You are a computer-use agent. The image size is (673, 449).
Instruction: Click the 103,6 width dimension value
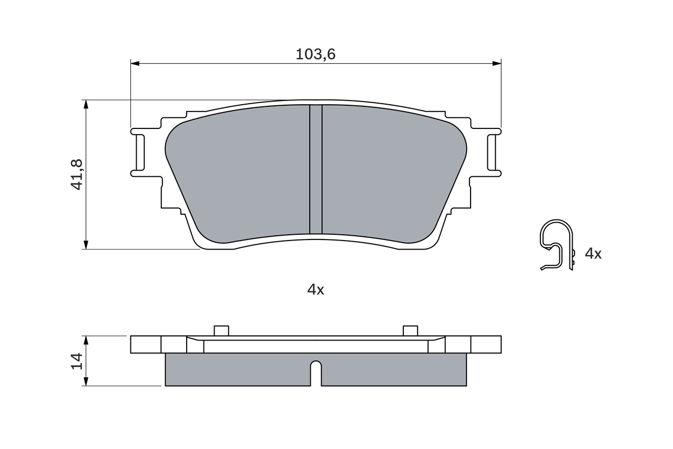tap(315, 54)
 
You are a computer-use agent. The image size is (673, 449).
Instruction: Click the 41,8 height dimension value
tap(77, 174)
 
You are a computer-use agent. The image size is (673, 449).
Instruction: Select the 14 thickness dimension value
tap(77, 361)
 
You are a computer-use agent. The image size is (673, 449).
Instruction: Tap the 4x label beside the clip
tap(593, 254)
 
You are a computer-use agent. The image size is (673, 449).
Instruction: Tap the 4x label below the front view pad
tap(315, 290)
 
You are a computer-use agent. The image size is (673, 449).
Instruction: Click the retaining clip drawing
tap(557, 245)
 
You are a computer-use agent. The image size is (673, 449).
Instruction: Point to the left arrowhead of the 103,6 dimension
tap(135, 64)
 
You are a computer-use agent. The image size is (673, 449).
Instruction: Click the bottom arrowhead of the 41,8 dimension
tap(86, 245)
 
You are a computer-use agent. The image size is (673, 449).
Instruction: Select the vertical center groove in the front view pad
tap(315, 168)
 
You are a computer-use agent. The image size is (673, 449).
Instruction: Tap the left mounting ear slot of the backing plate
tap(140, 153)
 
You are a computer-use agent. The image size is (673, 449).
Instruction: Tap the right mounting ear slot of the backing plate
tap(492, 153)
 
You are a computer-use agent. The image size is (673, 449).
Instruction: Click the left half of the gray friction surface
tap(242, 174)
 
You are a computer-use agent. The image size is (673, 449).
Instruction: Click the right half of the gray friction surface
tap(389, 174)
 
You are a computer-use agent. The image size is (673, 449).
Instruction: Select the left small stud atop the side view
tap(221, 331)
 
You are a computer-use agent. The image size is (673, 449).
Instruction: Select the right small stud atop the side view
tap(410, 331)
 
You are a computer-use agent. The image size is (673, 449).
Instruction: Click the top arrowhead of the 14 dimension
tap(86, 340)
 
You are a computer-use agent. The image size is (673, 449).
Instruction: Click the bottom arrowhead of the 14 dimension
tap(86, 382)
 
